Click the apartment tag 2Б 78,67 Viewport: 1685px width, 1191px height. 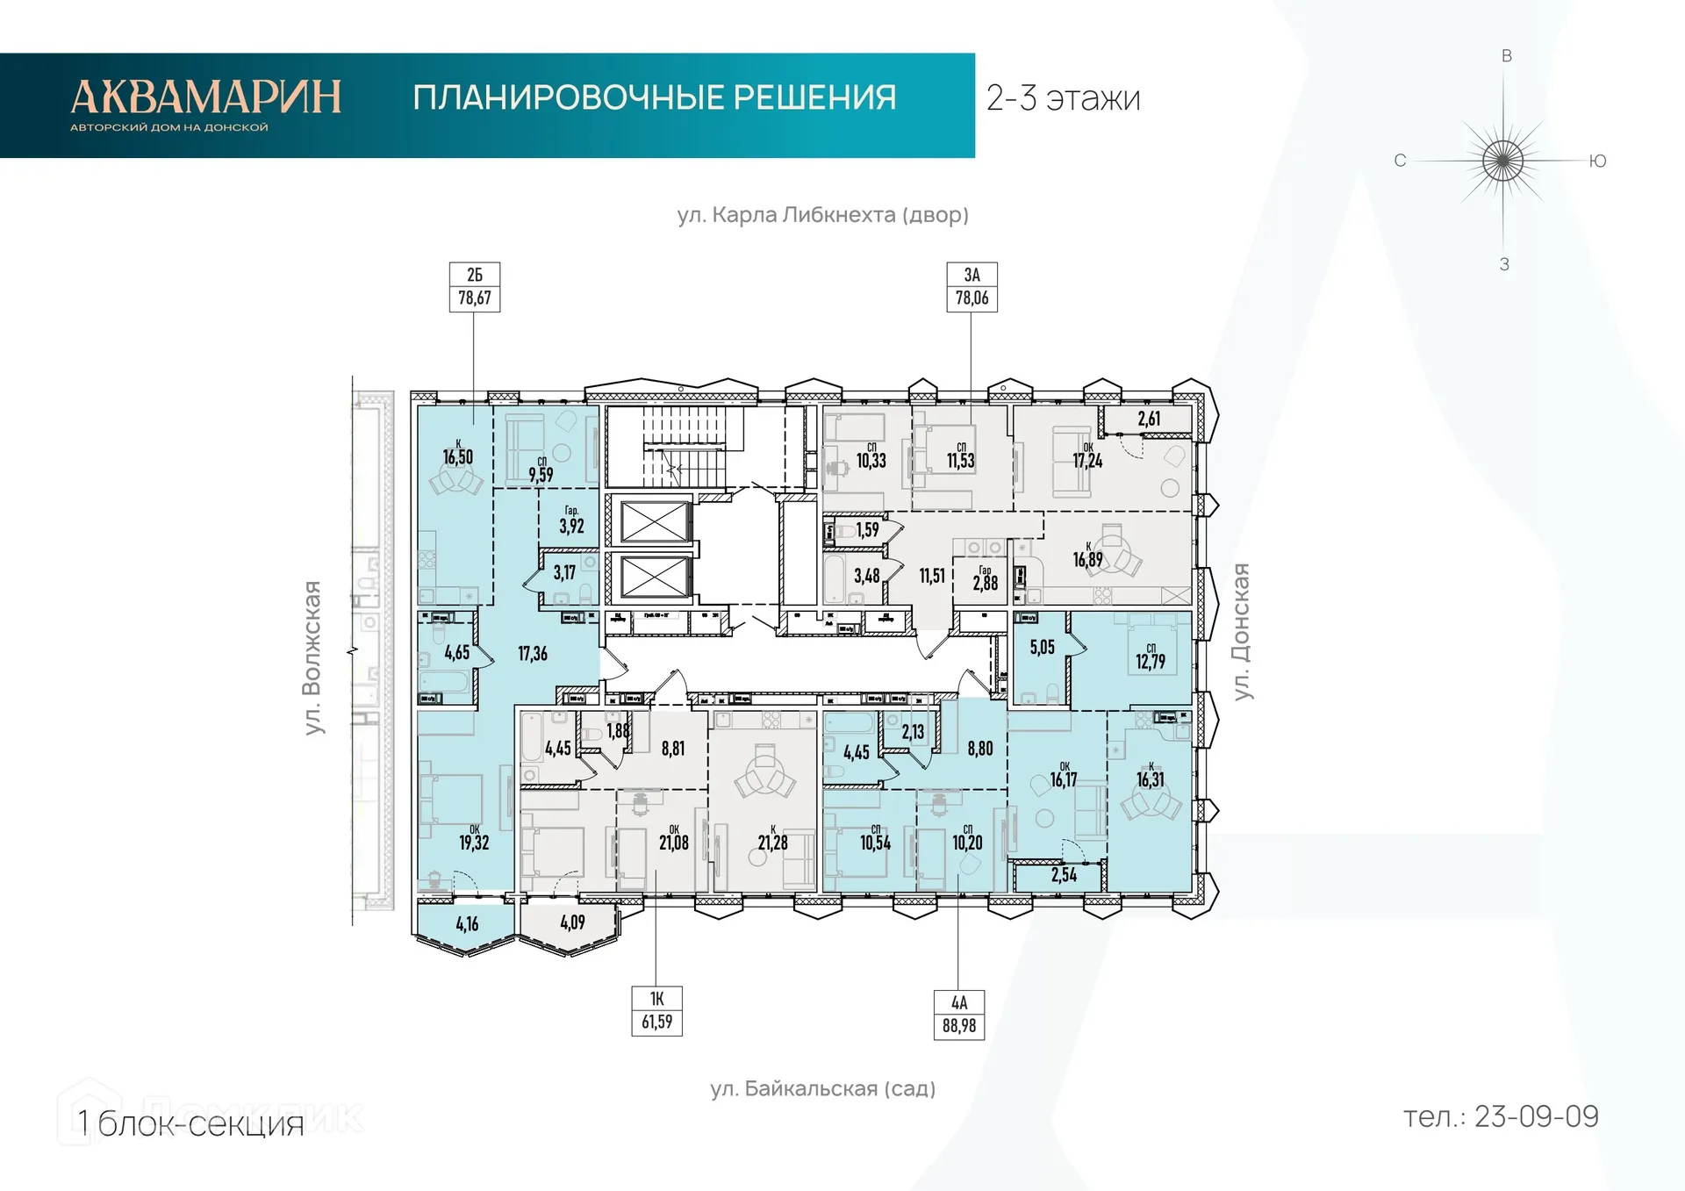[474, 287]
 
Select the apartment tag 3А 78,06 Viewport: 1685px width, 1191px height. [972, 287]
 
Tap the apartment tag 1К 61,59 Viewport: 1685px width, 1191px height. [656, 1011]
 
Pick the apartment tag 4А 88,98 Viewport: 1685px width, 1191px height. [958, 1015]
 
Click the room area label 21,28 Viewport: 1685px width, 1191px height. [772, 843]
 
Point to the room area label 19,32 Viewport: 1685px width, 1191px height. [474, 843]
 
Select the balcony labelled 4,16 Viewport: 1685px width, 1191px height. [467, 924]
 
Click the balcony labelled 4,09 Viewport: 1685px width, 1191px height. [572, 922]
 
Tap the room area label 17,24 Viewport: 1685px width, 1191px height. [1087, 460]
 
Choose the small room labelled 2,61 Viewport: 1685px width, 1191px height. [1149, 419]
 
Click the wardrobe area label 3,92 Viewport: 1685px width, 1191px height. [571, 526]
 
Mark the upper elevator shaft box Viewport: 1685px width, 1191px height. [654, 522]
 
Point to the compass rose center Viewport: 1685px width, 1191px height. [1503, 161]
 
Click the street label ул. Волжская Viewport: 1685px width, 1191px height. [312, 657]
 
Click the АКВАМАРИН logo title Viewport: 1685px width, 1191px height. [205, 97]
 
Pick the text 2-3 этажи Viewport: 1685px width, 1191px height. [1063, 98]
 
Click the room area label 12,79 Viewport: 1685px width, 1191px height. [1150, 662]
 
